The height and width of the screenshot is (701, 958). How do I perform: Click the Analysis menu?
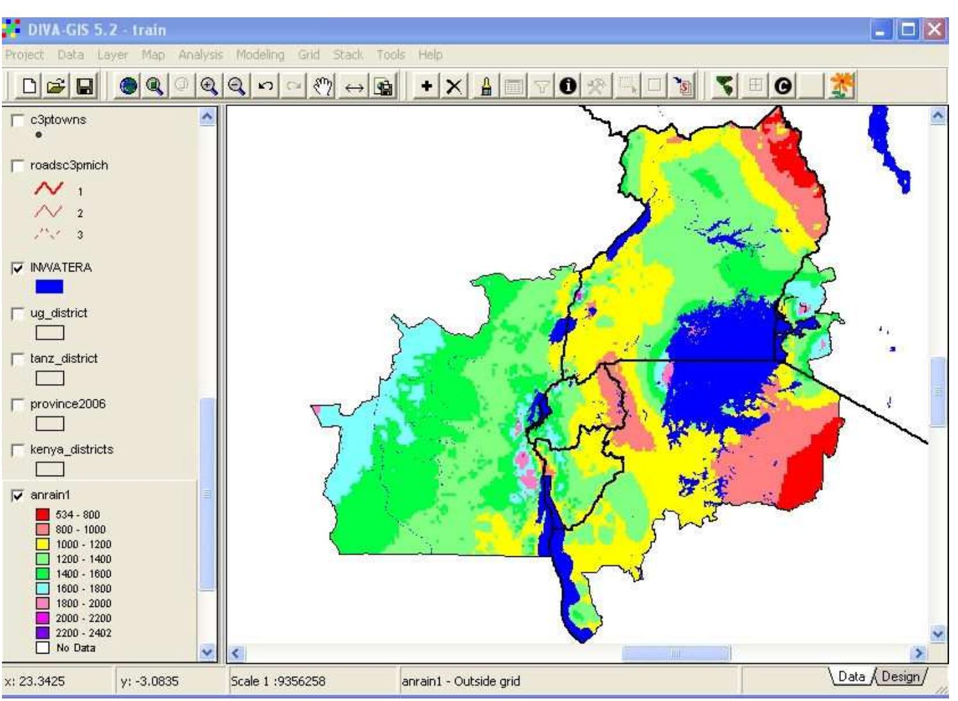click(201, 55)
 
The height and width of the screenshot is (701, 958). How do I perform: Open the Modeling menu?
click(260, 55)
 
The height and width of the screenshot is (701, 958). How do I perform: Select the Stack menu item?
click(347, 55)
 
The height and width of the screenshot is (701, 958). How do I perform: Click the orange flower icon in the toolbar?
click(841, 86)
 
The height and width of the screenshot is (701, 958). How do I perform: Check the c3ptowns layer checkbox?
click(19, 120)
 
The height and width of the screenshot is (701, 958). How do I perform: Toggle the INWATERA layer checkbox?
click(19, 268)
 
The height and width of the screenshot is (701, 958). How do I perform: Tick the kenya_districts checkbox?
click(19, 450)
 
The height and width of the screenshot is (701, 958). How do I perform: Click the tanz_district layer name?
click(64, 359)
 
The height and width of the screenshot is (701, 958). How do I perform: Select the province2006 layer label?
click(68, 404)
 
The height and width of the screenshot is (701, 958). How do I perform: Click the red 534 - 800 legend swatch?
click(43, 515)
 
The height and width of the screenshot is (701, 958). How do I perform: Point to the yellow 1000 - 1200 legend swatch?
click(43, 544)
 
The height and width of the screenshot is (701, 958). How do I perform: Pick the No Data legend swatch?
click(43, 647)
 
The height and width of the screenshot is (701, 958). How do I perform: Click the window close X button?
click(934, 30)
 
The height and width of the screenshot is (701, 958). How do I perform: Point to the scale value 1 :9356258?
click(278, 681)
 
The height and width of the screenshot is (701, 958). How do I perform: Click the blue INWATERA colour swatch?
click(49, 287)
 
